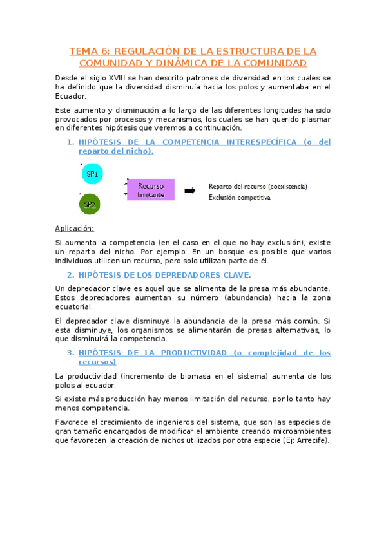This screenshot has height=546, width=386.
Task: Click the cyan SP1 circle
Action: [x=92, y=174]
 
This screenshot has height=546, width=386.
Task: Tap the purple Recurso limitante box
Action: [x=151, y=189]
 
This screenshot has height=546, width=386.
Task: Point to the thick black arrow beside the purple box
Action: [x=190, y=191]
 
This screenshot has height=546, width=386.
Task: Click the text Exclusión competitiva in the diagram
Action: [x=239, y=198]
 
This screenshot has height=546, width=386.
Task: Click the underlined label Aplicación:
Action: [x=74, y=228]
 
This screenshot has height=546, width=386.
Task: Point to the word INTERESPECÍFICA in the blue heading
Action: [x=251, y=142]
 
